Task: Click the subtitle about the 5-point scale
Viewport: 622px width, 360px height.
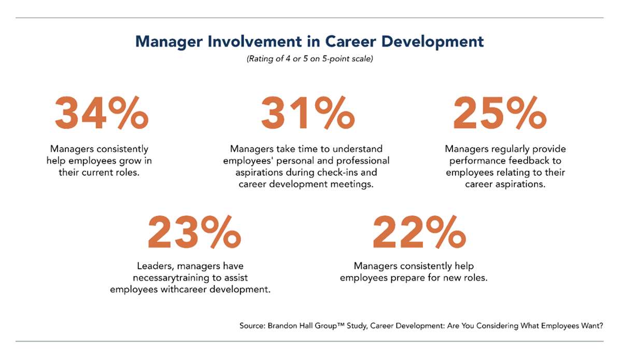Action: pos(309,59)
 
